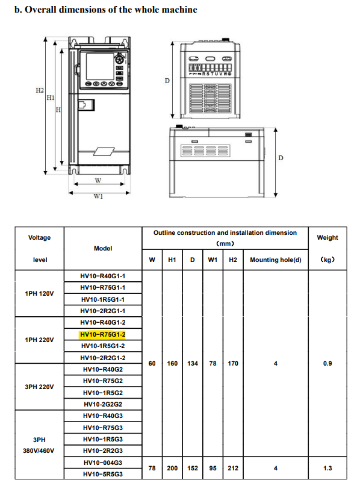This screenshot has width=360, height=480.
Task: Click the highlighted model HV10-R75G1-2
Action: [x=102, y=334]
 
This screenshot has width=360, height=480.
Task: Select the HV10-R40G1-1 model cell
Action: [x=102, y=276]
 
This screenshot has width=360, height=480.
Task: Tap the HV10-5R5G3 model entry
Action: [x=102, y=474]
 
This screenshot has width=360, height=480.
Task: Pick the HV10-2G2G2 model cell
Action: [x=102, y=404]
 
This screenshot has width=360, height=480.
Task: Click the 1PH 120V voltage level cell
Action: [x=39, y=293]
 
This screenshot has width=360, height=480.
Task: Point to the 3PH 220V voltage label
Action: [x=39, y=387]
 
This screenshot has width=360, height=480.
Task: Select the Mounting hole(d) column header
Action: [x=275, y=260]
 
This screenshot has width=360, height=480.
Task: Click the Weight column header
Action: [x=327, y=237]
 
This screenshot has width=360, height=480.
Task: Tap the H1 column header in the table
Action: [x=172, y=260]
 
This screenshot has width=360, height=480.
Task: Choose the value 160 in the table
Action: [x=172, y=364]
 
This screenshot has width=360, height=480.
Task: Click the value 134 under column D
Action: [x=193, y=364]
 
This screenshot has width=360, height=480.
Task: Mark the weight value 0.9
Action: [x=327, y=364]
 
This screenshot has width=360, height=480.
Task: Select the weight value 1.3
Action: [x=327, y=468]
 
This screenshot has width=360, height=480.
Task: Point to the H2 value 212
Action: [x=233, y=468]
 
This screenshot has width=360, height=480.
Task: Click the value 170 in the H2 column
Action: [x=233, y=364]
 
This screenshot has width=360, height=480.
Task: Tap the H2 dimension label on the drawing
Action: [x=40, y=90]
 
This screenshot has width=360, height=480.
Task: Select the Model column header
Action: [x=102, y=248]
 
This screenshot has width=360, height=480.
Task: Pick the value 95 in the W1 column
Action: [x=213, y=468]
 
